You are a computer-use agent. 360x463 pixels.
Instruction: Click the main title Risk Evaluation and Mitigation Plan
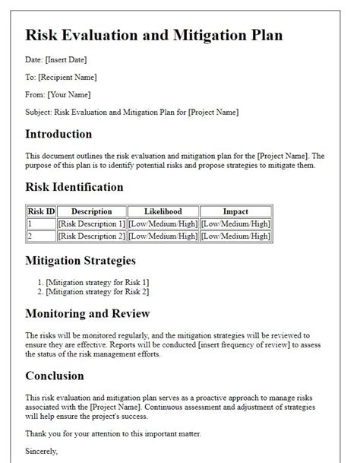tap(153, 35)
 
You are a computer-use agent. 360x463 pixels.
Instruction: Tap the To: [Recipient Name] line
tap(61, 78)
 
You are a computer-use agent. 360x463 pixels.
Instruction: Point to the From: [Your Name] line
tap(58, 95)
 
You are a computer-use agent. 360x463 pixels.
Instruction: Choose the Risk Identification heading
tap(74, 187)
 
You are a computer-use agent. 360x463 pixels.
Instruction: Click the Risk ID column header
tap(40, 211)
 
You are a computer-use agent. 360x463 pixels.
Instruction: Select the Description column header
tap(91, 211)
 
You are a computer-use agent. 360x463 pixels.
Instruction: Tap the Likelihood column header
tap(163, 211)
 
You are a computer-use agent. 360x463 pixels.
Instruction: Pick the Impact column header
tap(235, 211)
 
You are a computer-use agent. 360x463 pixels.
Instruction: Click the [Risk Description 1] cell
tap(91, 224)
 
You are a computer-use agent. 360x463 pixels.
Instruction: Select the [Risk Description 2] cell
tap(91, 236)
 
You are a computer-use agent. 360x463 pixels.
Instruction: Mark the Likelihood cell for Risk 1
tap(163, 224)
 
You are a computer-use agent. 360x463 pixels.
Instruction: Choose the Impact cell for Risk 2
tap(235, 236)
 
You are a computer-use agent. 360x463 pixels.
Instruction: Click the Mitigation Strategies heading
tap(81, 261)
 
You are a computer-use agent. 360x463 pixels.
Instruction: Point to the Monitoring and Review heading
tap(87, 313)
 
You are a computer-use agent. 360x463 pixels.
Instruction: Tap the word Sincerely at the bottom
tap(42, 452)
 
